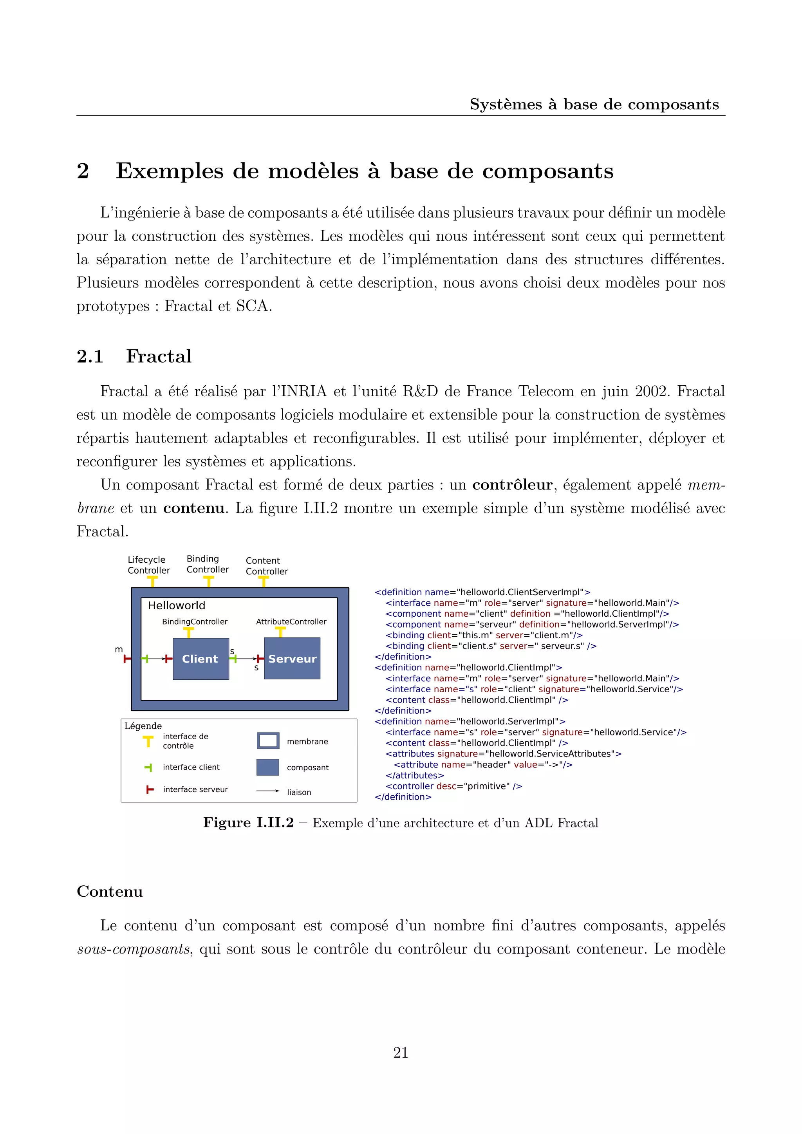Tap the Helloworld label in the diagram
tap(176, 605)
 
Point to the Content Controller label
tap(267, 566)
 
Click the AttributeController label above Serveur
tap(291, 621)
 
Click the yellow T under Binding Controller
tap(208, 582)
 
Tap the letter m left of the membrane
tap(119, 650)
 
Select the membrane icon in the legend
tap(268, 741)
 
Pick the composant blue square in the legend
tap(268, 767)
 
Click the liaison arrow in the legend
tap(268, 791)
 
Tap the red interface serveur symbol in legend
tap(150, 790)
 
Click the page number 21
tap(401, 1053)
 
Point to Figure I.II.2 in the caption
tap(248, 822)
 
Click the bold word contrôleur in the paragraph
tap(512, 484)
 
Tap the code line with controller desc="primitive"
tap(453, 786)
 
